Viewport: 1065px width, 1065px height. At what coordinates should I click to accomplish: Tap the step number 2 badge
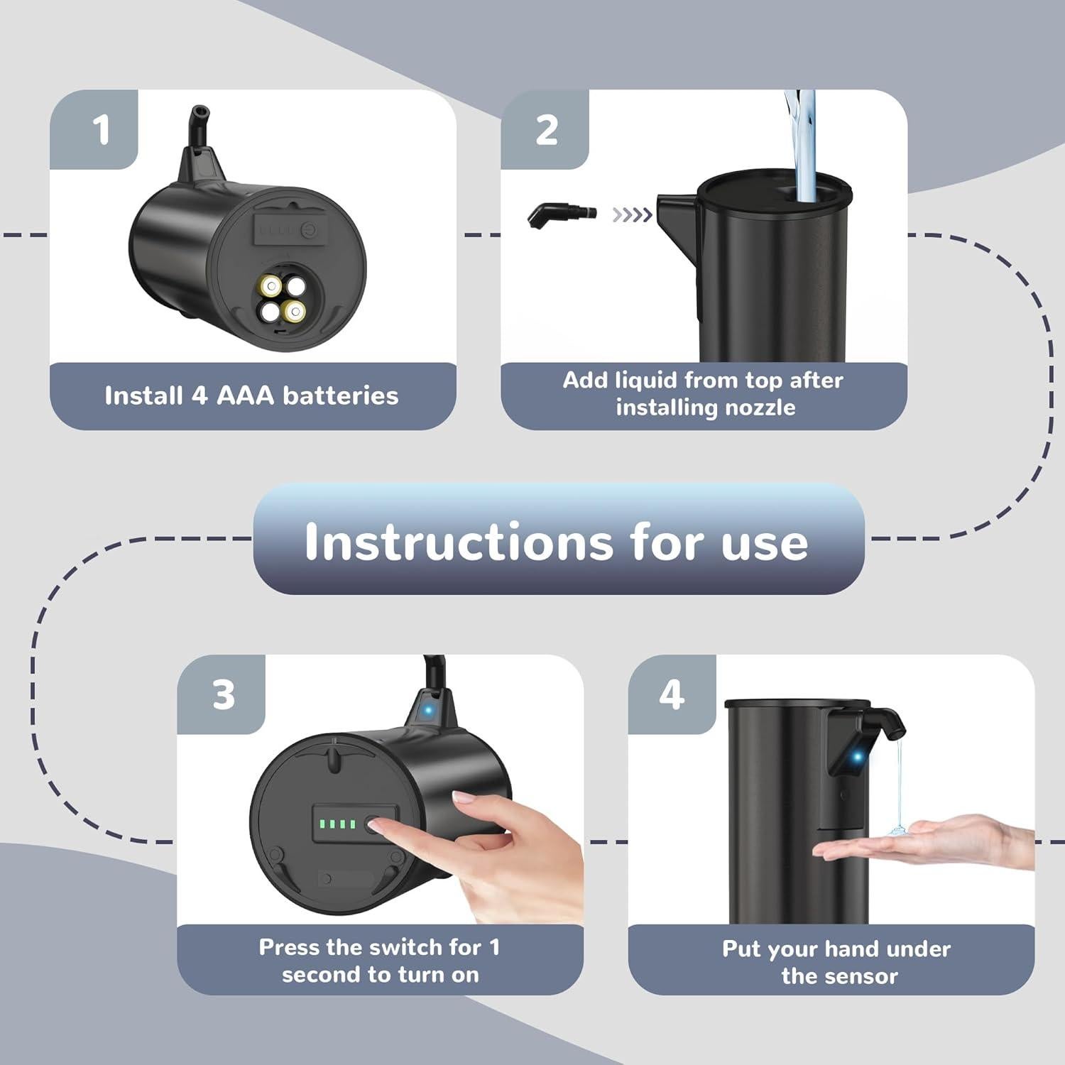(545, 130)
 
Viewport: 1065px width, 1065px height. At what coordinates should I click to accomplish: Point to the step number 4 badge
(672, 694)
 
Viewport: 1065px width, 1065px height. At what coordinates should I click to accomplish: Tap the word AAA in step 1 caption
(245, 395)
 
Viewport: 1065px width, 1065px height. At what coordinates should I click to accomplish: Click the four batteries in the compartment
(283, 299)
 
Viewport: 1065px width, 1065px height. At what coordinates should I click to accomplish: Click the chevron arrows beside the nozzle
(632, 214)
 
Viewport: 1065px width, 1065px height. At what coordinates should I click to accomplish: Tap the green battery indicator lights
(337, 824)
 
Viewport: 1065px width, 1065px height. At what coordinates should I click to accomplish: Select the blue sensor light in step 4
(857, 757)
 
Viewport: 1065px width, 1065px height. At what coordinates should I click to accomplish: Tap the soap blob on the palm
(897, 829)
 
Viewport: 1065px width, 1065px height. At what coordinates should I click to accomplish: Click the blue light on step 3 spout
(428, 709)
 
